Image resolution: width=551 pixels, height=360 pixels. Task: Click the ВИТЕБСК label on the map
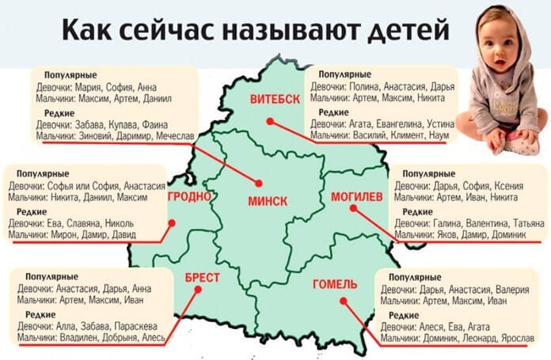pyautogui.click(x=275, y=99)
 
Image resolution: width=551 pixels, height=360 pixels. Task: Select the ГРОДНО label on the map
pyautogui.click(x=188, y=195)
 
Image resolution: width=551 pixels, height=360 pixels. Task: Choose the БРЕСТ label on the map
pyautogui.click(x=201, y=278)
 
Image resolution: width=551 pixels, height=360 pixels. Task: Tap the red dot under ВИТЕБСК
pyautogui.click(x=270, y=121)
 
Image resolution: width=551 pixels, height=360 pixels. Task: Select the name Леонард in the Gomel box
pyautogui.click(x=472, y=338)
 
